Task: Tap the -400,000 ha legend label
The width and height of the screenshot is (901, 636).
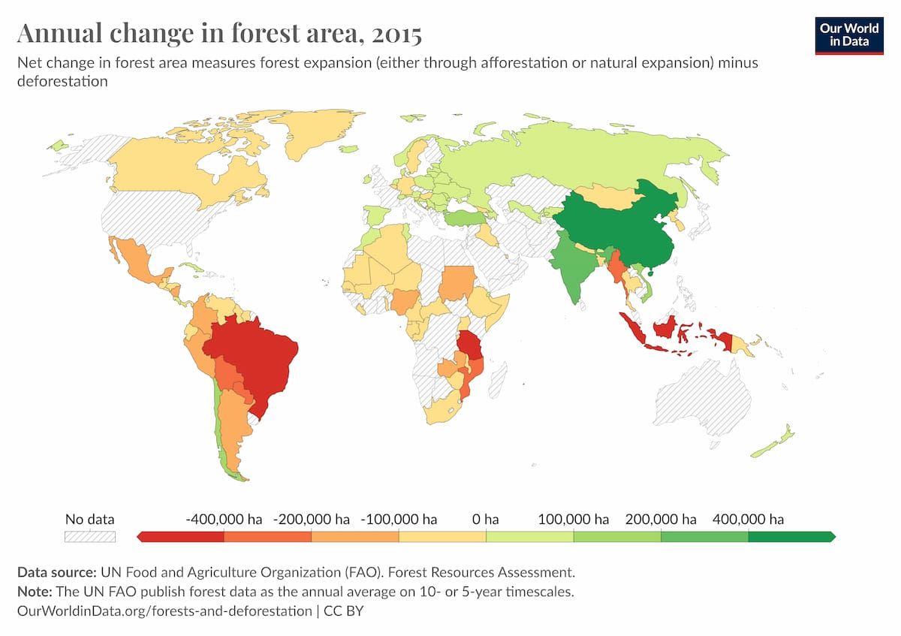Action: tap(223, 519)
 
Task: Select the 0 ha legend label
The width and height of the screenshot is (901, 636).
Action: tap(486, 519)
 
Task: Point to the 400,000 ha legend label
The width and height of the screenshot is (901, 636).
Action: tap(748, 519)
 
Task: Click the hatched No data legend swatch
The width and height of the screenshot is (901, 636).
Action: tap(90, 537)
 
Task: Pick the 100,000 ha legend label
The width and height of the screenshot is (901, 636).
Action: tap(574, 519)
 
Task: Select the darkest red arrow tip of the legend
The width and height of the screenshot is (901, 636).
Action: tap(140, 537)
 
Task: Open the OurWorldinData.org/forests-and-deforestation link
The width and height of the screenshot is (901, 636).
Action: tap(164, 610)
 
